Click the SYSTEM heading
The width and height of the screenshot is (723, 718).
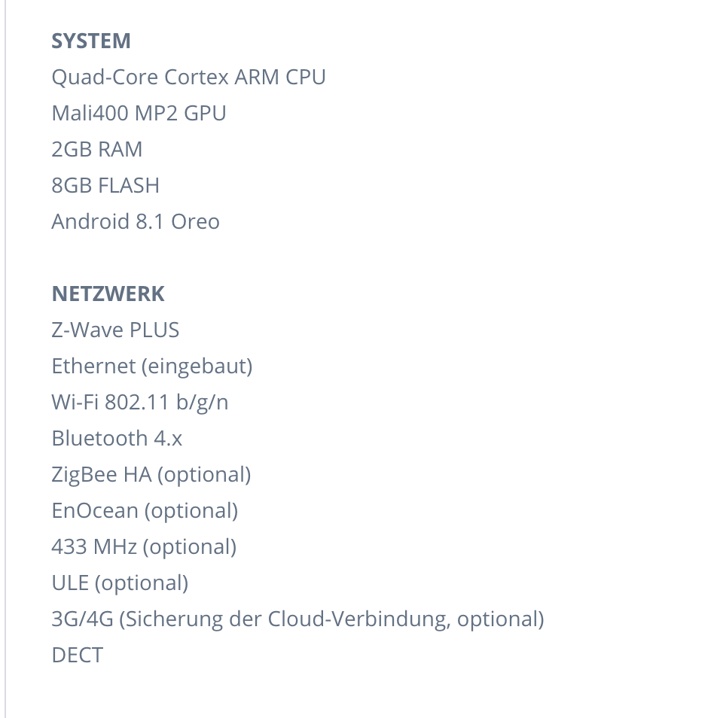tap(91, 41)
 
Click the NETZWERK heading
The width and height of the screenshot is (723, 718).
tap(108, 294)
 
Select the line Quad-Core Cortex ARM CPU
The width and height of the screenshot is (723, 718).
tap(188, 77)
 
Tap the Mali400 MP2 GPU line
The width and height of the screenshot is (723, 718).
tap(139, 113)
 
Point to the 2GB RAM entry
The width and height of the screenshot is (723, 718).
tap(96, 149)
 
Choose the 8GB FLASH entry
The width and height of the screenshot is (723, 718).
tap(105, 185)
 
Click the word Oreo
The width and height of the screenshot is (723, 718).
tap(195, 221)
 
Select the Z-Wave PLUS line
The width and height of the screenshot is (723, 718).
tap(115, 330)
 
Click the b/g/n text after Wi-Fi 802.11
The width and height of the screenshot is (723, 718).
tap(202, 402)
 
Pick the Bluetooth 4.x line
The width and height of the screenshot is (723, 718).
tap(117, 438)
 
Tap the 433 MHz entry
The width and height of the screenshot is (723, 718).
tap(93, 546)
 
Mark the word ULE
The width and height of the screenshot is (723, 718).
tap(70, 583)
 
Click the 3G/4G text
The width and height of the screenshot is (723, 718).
tap(82, 619)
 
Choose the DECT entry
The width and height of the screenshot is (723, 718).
tap(77, 655)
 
